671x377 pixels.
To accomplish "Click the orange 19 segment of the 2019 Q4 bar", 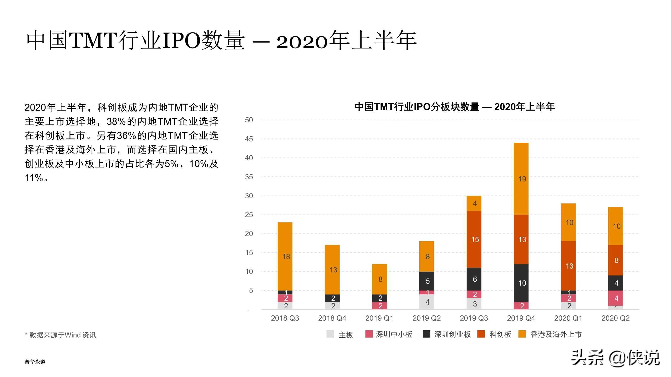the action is (521, 179).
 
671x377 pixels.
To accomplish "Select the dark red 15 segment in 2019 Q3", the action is (474, 239).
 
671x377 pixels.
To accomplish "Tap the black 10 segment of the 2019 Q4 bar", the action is (521, 283).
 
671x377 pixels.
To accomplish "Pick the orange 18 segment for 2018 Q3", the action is (285, 257).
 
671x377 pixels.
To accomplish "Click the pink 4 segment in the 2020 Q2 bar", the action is (616, 298).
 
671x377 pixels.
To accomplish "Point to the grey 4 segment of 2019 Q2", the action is (427, 302).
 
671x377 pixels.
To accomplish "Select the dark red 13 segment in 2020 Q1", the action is (568, 266).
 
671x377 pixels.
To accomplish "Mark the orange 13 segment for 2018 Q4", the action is (332, 270).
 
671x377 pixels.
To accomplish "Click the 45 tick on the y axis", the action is (249, 139).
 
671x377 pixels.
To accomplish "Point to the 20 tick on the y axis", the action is (249, 234).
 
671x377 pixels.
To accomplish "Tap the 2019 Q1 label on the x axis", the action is (379, 318).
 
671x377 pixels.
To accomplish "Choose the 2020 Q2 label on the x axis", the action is (616, 318).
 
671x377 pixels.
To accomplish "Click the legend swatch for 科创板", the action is (481, 334).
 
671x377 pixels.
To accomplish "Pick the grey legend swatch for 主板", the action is (330, 334).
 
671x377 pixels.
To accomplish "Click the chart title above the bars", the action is (455, 107).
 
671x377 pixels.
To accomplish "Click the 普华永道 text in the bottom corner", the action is (35, 362).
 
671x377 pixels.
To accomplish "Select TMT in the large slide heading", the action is (93, 40).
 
